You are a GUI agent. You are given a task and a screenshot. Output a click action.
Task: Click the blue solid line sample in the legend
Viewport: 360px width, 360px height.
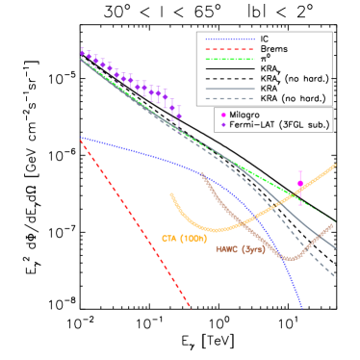[230, 40]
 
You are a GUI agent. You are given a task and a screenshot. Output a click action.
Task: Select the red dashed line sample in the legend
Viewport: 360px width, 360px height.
[230, 49]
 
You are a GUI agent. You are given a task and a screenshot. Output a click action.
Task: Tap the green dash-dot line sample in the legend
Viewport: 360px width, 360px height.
[230, 59]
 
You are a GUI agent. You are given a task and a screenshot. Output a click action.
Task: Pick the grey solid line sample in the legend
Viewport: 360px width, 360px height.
[230, 89]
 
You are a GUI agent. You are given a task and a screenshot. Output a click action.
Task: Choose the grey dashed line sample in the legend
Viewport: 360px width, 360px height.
[230, 98]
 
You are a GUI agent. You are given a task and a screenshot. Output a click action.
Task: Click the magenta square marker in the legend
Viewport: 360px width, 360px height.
[223, 115]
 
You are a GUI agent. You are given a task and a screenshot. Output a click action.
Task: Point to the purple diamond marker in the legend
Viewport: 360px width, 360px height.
[223, 124]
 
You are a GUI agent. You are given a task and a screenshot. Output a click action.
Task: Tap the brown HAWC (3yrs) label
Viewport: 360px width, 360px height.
[241, 249]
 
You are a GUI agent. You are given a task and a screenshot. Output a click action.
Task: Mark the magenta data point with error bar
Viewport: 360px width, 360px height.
[300, 184]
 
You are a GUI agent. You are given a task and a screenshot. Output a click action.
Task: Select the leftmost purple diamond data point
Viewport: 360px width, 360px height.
[83, 54]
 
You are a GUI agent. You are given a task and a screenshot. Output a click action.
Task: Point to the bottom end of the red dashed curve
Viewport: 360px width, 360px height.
[190, 306]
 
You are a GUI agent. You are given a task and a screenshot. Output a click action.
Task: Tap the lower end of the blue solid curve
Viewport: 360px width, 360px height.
[301, 307]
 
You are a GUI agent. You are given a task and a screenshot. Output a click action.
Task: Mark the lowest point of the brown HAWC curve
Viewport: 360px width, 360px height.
[287, 258]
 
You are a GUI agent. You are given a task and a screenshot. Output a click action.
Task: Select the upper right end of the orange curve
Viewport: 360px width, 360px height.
[335, 165]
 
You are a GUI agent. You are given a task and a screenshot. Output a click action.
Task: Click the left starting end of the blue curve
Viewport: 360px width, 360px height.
[81, 138]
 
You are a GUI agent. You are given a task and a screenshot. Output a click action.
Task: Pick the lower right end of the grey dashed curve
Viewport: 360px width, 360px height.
[335, 277]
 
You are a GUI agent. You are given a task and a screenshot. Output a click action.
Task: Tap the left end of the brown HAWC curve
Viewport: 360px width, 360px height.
[203, 173]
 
